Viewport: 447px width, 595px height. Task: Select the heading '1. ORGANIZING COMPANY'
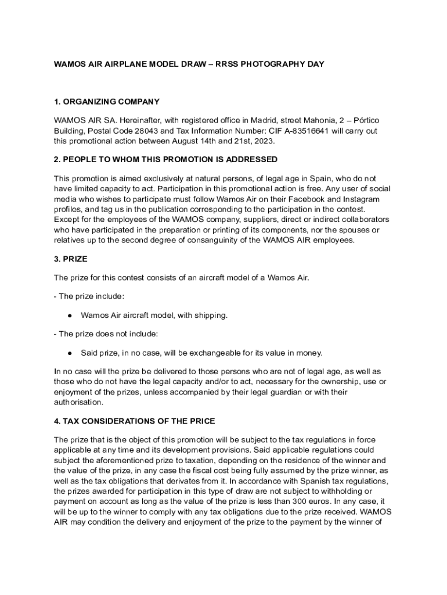click(x=106, y=102)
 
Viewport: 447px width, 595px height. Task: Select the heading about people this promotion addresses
click(x=165, y=159)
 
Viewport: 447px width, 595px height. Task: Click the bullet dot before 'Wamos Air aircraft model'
click(x=69, y=316)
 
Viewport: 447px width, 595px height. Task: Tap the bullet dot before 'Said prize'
click(x=69, y=353)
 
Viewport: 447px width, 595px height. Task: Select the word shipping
click(x=211, y=316)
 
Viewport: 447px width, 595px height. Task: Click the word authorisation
click(x=79, y=402)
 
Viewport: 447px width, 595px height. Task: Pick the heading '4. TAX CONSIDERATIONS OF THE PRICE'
click(x=134, y=421)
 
